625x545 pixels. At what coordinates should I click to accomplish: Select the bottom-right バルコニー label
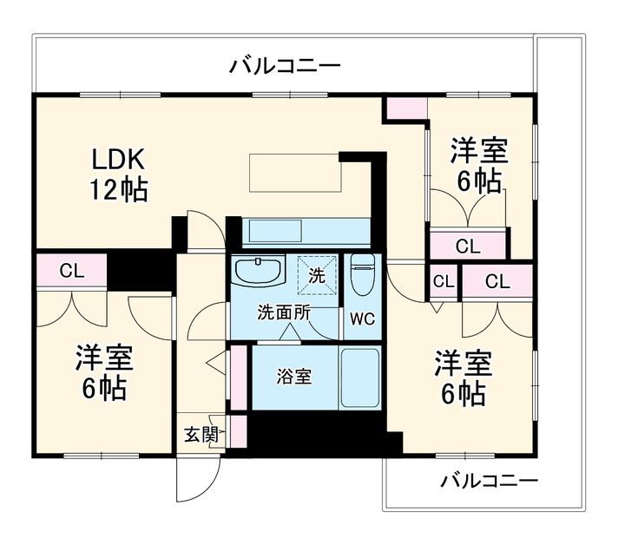489,480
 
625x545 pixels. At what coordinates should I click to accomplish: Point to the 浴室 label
293,377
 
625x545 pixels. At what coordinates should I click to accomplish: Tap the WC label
362,318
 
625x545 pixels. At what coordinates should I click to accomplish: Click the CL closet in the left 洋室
71,270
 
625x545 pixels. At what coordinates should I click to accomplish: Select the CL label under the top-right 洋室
467,246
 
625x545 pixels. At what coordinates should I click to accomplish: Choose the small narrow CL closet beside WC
443,281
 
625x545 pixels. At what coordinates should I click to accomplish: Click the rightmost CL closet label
497,281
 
